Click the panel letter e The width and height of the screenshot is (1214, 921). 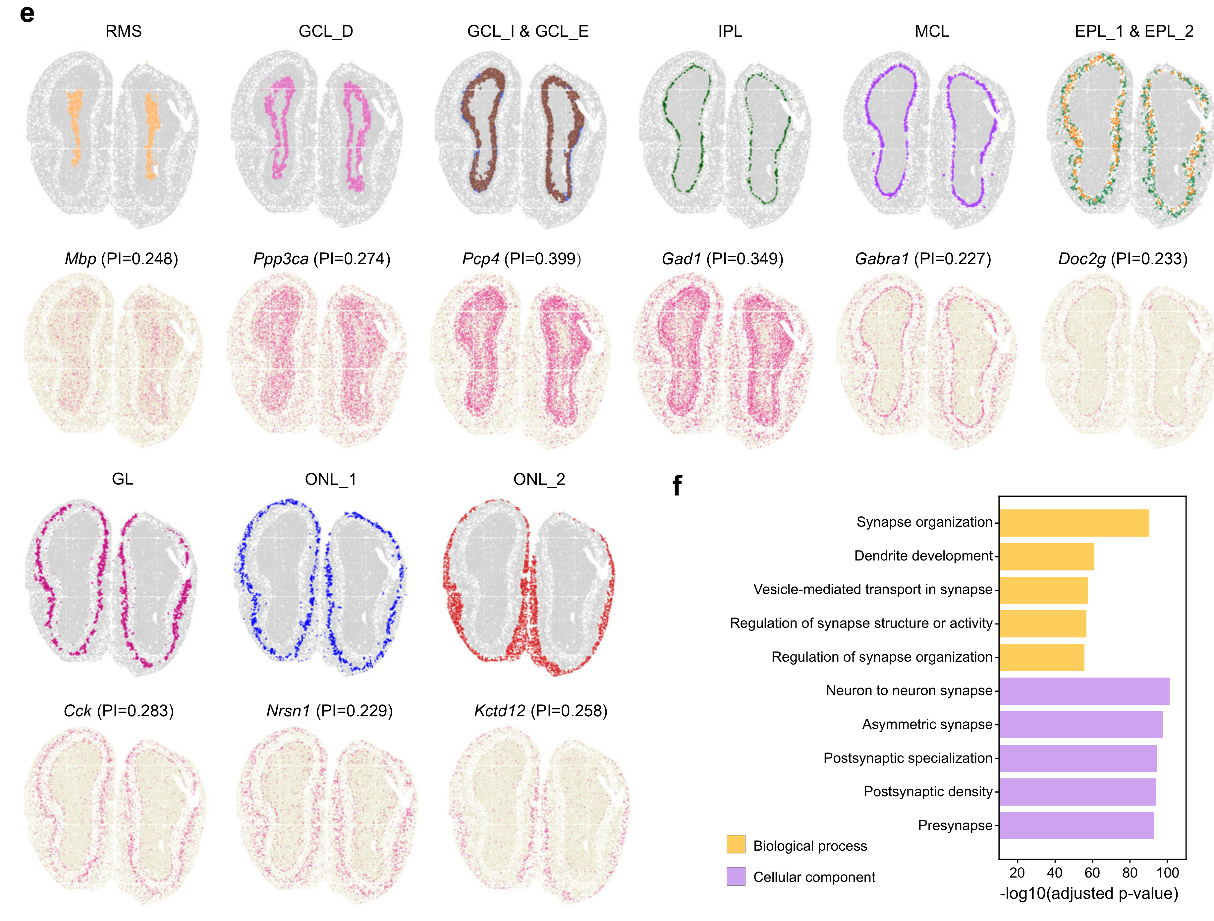pyautogui.click(x=27, y=14)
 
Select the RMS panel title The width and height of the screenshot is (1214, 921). pyautogui.click(x=124, y=31)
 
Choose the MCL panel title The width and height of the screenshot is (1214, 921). pyautogui.click(x=932, y=31)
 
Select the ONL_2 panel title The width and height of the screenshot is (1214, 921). pyautogui.click(x=539, y=480)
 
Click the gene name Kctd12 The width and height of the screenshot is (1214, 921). pyautogui.click(x=499, y=711)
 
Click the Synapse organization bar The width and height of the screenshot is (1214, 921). pyautogui.click(x=1074, y=523)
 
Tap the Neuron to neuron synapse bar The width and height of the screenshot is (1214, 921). pyautogui.click(x=1084, y=691)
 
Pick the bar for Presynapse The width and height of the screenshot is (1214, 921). pyautogui.click(x=1076, y=825)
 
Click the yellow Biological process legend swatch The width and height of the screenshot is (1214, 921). pyautogui.click(x=736, y=844)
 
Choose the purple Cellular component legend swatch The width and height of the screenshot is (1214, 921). pyautogui.click(x=736, y=876)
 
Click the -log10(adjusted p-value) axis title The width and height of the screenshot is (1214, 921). pyautogui.click(x=1089, y=893)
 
